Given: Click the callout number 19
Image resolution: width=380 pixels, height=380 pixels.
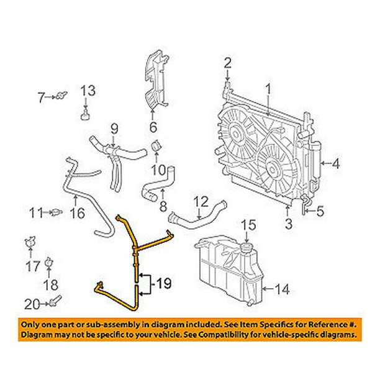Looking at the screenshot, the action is pyautogui.click(x=163, y=283).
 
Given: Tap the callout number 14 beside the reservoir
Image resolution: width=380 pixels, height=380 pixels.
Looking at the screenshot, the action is pyautogui.click(x=282, y=289).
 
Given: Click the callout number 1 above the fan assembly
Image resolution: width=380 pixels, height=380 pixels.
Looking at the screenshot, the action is pyautogui.click(x=268, y=89).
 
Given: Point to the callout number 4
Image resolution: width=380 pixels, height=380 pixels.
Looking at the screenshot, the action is pyautogui.click(x=336, y=164).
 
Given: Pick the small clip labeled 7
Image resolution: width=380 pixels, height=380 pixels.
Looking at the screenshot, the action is pyautogui.click(x=61, y=96).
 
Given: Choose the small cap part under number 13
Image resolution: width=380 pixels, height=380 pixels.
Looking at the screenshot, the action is pyautogui.click(x=85, y=115).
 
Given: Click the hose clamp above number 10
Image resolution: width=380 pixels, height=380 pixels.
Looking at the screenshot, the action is pyautogui.click(x=156, y=147).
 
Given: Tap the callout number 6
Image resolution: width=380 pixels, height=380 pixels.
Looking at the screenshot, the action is pyautogui.click(x=153, y=127).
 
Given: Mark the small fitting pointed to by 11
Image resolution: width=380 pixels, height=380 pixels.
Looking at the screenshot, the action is pyautogui.click(x=57, y=212).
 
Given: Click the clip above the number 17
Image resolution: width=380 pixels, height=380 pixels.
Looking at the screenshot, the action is pyautogui.click(x=30, y=242).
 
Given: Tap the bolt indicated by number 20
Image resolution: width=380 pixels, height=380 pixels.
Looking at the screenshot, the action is pyautogui.click(x=56, y=301).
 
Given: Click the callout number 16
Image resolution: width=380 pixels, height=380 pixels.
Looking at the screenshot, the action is pyautogui.click(x=78, y=213).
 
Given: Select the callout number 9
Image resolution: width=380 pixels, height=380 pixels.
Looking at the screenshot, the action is pyautogui.click(x=114, y=129).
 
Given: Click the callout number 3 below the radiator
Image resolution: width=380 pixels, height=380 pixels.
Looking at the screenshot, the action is pyautogui.click(x=288, y=224).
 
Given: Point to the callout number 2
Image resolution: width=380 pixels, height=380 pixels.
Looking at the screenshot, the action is pyautogui.click(x=227, y=63).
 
